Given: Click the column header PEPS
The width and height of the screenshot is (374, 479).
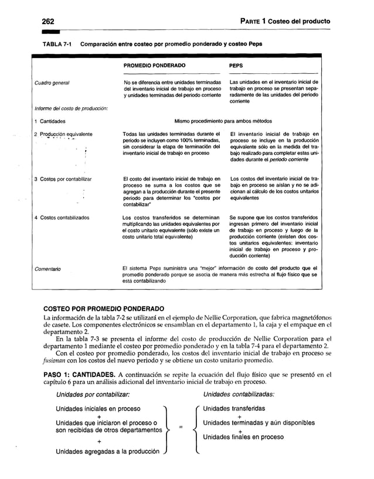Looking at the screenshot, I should (x=236, y=66).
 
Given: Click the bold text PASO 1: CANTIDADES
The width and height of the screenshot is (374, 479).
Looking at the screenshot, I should (x=77, y=375).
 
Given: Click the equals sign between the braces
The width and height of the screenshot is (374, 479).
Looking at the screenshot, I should (x=181, y=426).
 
